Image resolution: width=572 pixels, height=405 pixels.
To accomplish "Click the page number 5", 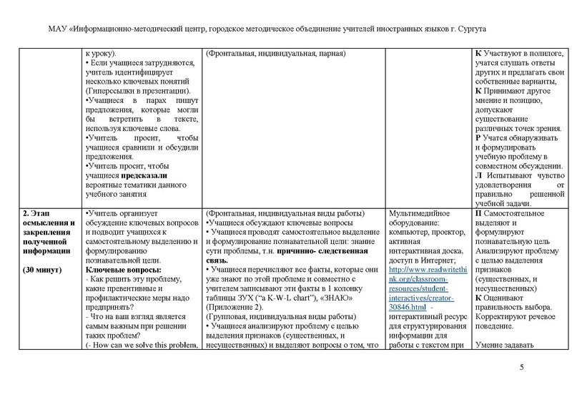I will (521, 368).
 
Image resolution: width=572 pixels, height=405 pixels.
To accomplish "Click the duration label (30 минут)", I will (42, 270).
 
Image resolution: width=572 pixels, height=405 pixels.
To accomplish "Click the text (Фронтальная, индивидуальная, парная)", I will (276, 54).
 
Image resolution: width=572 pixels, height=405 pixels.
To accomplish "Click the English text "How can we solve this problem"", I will (144, 346).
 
